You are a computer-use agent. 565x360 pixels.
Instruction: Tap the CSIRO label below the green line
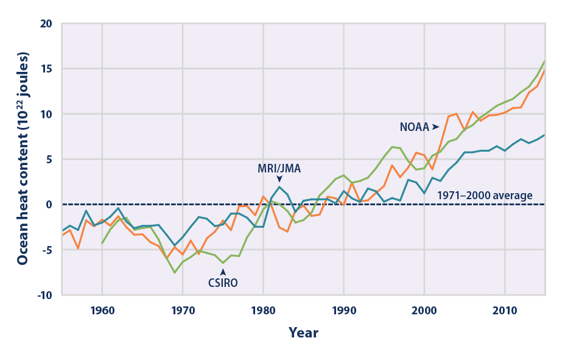223,283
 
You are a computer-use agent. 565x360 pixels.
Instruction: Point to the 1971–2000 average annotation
485,196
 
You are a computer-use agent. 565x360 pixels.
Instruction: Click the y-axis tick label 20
48,24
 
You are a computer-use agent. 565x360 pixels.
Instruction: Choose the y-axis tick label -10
45,295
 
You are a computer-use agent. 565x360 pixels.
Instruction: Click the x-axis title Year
303,333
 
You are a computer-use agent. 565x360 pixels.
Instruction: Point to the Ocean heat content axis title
23,159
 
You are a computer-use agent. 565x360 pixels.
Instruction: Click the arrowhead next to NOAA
435,127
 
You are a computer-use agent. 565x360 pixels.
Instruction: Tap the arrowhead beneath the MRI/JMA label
279,178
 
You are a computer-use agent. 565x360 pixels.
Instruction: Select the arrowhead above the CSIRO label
223,272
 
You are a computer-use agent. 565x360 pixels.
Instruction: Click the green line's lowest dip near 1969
175,272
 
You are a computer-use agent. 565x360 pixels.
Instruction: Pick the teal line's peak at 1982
279,186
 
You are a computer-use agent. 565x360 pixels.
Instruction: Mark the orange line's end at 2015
545,70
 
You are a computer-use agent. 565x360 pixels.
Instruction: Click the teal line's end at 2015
545,135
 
